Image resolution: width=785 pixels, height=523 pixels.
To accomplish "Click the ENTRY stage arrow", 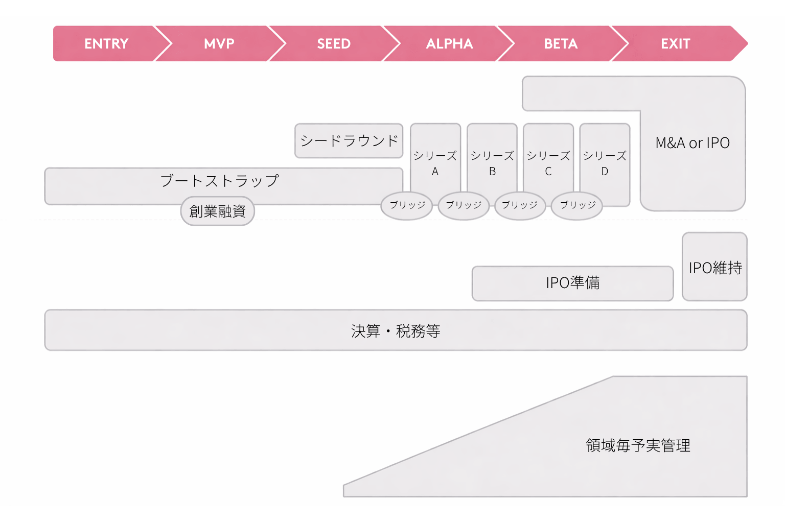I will coord(106,44).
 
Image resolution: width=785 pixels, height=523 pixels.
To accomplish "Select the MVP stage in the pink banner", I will coord(219,44).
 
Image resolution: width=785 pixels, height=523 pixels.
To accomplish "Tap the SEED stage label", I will coord(334,44).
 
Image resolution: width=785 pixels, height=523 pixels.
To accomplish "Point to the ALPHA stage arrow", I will coord(449,44).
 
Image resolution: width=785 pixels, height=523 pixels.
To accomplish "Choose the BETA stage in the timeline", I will coord(561,44).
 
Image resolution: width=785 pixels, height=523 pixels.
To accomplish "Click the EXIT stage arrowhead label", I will coord(675,44).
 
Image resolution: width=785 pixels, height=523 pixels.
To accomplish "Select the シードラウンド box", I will coord(349,140).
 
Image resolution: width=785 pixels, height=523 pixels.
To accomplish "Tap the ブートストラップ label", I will coord(219,180).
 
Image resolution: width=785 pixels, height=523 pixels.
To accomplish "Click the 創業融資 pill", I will coord(218,211).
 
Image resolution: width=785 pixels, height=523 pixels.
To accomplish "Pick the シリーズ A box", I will coord(435,162).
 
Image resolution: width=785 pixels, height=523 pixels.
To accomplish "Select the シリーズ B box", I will coord(492,162).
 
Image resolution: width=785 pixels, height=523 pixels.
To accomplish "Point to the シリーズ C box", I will coord(548,162).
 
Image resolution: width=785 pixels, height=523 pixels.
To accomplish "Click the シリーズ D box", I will coord(605,162).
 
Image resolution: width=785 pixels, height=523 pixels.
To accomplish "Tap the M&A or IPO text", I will coord(692,143).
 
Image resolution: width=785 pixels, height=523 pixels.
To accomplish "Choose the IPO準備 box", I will coord(572,283).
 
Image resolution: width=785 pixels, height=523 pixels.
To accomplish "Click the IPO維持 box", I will coord(715,268).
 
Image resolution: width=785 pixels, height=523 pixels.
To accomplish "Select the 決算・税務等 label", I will coord(396,331).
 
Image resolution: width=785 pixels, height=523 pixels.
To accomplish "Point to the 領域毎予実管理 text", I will coord(638,445).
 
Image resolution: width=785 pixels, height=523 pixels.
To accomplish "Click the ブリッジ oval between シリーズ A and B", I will coord(464,205).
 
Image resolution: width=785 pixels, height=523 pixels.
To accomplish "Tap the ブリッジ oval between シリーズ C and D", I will coord(577,205).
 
